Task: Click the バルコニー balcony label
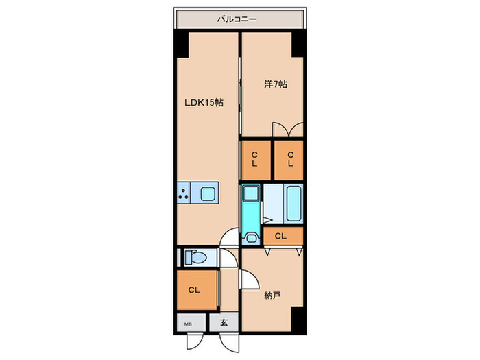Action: [x=237, y=20]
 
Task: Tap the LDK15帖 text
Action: [x=204, y=103]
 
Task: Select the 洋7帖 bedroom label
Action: [x=276, y=84]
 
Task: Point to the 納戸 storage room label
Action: [x=272, y=296]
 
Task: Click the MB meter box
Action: [x=191, y=323]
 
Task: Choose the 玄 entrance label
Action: [x=224, y=322]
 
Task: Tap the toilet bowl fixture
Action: [x=195, y=257]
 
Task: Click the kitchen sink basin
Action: [x=208, y=193]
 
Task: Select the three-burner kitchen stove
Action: [x=184, y=193]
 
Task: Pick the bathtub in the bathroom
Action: [x=293, y=204]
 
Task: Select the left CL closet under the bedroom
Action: [x=256, y=160]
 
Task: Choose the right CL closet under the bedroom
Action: [x=289, y=160]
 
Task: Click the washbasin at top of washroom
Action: [x=251, y=193]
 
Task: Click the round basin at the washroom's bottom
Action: [x=252, y=238]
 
